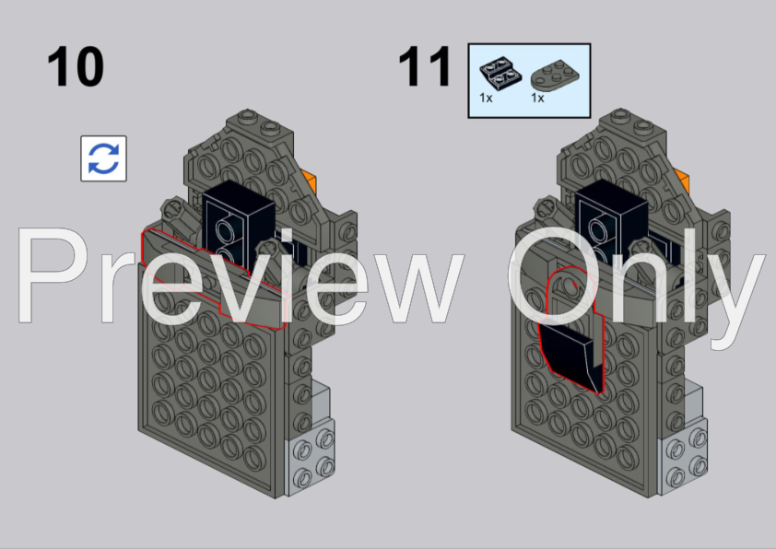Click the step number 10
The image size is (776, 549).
tap(76, 66)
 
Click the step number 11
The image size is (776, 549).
tap(424, 66)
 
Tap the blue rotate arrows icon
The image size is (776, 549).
tap(103, 158)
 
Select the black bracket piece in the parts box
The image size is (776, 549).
tap(500, 73)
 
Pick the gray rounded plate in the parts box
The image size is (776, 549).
tap(555, 76)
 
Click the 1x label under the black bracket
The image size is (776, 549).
tap(486, 98)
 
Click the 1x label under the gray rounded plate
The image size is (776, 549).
tap(537, 98)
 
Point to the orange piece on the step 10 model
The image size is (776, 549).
tap(310, 181)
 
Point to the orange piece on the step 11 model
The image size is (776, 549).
tap(682, 180)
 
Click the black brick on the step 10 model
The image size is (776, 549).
tap(238, 217)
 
